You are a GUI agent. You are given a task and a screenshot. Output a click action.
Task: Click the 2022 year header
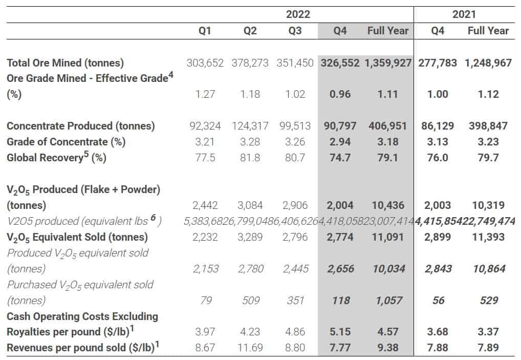[x=297, y=14]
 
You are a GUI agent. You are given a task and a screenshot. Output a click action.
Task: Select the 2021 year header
[x=464, y=14]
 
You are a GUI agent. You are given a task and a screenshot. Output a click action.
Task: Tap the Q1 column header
[x=205, y=31]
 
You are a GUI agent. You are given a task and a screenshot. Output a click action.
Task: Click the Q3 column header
[x=295, y=31]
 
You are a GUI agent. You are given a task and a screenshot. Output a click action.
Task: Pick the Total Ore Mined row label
[x=65, y=63]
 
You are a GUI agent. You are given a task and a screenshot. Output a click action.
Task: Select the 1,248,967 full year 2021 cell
[x=488, y=63]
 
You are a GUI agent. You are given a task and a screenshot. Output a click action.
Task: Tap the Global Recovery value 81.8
[x=250, y=157]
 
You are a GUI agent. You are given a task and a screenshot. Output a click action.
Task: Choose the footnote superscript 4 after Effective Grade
[x=171, y=76]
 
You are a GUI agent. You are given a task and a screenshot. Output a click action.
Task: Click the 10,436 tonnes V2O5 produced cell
[x=388, y=205]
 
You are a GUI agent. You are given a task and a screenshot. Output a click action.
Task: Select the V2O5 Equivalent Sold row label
[x=77, y=237]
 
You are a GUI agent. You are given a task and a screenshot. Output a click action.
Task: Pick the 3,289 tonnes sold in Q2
[x=250, y=237]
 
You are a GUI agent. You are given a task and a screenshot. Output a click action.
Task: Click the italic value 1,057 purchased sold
[x=388, y=300]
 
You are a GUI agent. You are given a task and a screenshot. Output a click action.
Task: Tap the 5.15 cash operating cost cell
[x=340, y=332]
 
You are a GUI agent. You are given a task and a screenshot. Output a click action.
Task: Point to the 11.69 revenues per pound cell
[x=250, y=348]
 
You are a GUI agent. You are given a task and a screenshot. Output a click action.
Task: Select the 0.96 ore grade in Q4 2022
[x=340, y=94]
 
